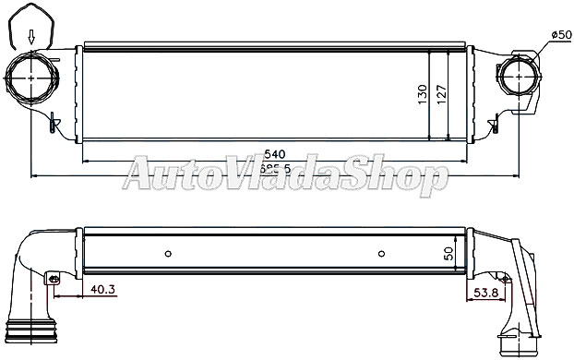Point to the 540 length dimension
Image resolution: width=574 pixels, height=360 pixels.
(x=275, y=153)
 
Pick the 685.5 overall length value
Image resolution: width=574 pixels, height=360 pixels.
(x=274, y=169)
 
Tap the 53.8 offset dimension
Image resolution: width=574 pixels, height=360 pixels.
(x=486, y=293)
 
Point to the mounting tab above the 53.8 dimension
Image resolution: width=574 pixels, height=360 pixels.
(x=503, y=276)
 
